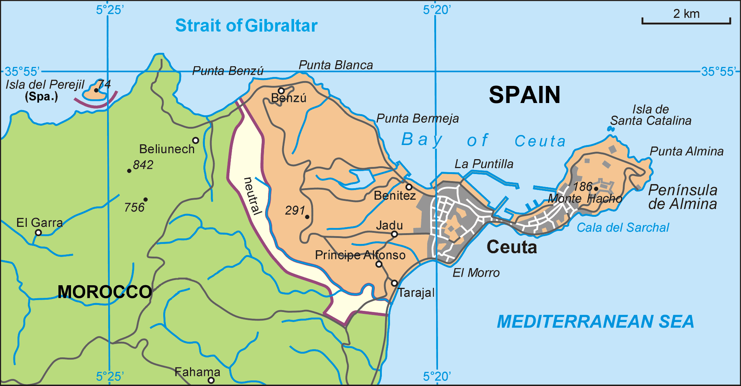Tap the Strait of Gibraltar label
246,26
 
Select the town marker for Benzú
281,91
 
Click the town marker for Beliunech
196,141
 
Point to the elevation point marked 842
129,171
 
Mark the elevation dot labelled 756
145,200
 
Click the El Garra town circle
38,233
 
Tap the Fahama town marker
211,380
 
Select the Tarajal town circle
394,283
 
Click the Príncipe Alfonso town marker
379,264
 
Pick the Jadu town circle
394,234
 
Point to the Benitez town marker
409,187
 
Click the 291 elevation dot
307,217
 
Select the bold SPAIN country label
524,95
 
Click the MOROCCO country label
104,292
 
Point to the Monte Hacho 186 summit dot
596,189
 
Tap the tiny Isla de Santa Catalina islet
610,129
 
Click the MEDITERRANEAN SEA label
595,322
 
